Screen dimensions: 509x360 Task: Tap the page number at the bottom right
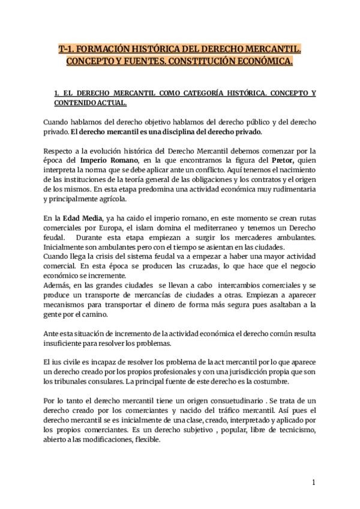313,483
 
